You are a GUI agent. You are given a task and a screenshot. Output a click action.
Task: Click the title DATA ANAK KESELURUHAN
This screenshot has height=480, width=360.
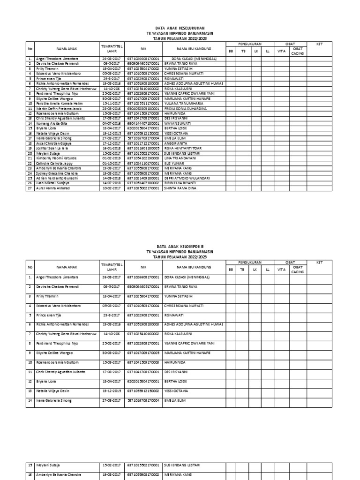coord(180,28)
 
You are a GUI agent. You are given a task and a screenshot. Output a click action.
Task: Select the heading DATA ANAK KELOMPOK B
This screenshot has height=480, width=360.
coord(180,246)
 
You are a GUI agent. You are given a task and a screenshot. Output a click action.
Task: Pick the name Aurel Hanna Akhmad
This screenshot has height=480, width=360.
coord(52,188)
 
